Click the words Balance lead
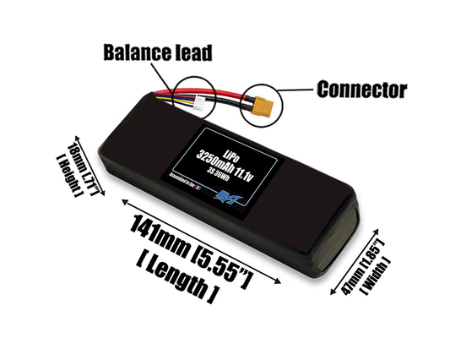click(155, 52)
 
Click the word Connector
click(361, 88)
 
